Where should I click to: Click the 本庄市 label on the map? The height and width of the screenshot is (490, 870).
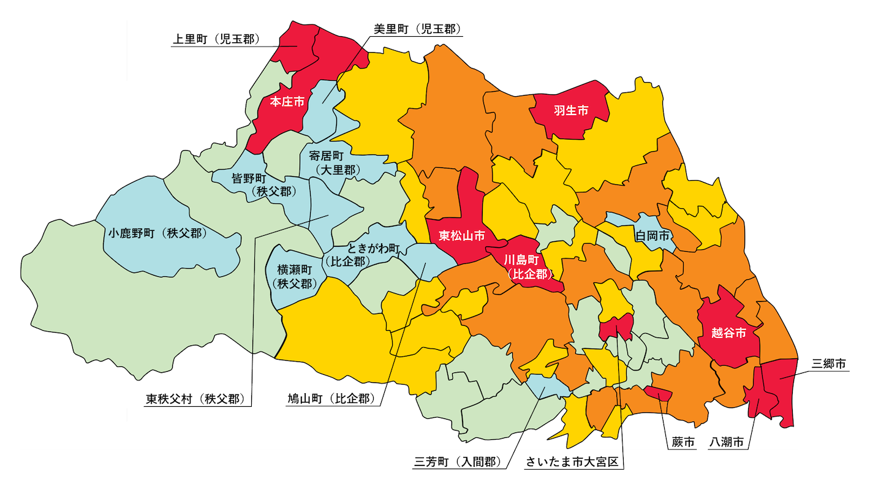287,102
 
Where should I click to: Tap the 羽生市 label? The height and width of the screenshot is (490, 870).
570,110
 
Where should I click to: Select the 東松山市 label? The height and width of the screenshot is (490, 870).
461,235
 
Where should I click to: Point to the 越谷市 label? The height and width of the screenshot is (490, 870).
728,333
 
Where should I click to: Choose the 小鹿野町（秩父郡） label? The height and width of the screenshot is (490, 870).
157,233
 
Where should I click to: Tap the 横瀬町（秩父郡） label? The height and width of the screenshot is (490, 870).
295,276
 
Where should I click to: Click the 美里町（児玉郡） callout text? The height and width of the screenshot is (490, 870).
417,29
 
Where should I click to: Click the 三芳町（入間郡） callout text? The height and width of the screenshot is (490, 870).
459,461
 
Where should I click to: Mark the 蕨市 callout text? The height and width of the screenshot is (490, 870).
681,442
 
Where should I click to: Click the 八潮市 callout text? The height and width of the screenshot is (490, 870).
728,442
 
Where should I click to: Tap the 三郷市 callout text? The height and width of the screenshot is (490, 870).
828,363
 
